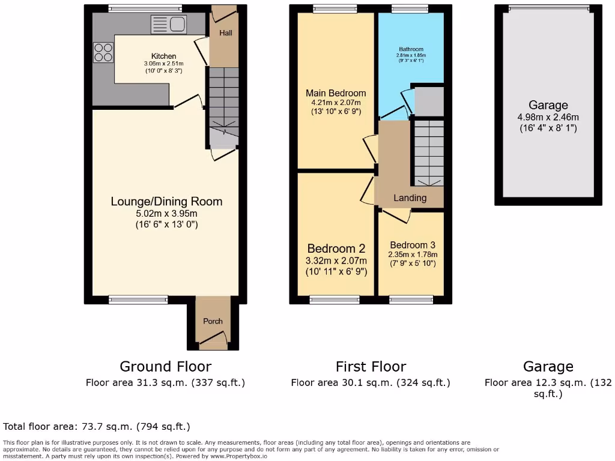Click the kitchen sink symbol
[x=169, y=25]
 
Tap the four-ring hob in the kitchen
[x=103, y=52]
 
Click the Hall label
[x=225, y=33]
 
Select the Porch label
[x=213, y=321]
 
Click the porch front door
[x=213, y=342]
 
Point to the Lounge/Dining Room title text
[x=166, y=202]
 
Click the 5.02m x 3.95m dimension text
[x=166, y=213]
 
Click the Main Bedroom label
[x=336, y=93]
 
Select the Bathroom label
[x=411, y=49]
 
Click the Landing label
[x=410, y=198]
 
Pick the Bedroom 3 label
[x=412, y=245]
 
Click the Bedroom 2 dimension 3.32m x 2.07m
[x=336, y=261]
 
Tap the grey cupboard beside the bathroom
[x=429, y=101]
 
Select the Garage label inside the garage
[x=548, y=106]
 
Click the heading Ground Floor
[x=165, y=366]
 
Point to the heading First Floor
[x=371, y=366]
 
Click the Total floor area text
[x=97, y=427]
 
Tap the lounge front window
[x=138, y=298]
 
